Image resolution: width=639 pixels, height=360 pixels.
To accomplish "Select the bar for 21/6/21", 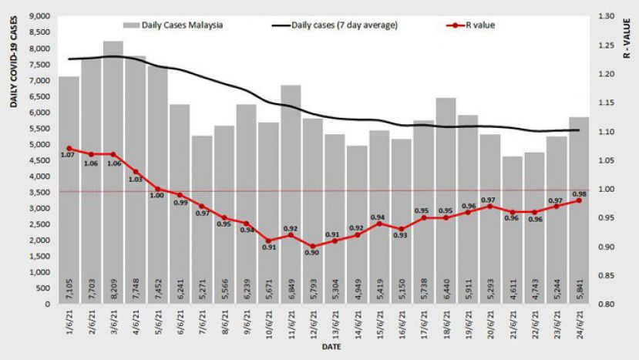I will click(512, 230).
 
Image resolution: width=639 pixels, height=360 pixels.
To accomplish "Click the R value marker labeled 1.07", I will click(69, 149).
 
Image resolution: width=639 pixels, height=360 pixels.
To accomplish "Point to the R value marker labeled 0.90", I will click(313, 247).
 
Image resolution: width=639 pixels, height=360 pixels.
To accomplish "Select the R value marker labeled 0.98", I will click(579, 200).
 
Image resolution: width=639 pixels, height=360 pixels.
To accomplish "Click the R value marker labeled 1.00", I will click(158, 189).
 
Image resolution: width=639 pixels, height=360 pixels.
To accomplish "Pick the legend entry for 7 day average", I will click(335, 25).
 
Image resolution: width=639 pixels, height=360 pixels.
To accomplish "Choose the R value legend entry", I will click(470, 25).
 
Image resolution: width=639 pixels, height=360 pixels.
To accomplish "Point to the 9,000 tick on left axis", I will click(39, 16).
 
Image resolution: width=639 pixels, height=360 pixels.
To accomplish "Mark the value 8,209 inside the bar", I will click(114, 288).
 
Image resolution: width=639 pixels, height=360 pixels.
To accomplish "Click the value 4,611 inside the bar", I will click(513, 288).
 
